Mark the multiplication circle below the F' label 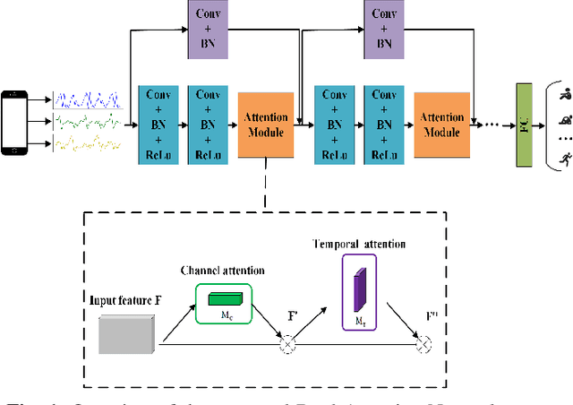coord(287,342)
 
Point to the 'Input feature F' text coord(124,297)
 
